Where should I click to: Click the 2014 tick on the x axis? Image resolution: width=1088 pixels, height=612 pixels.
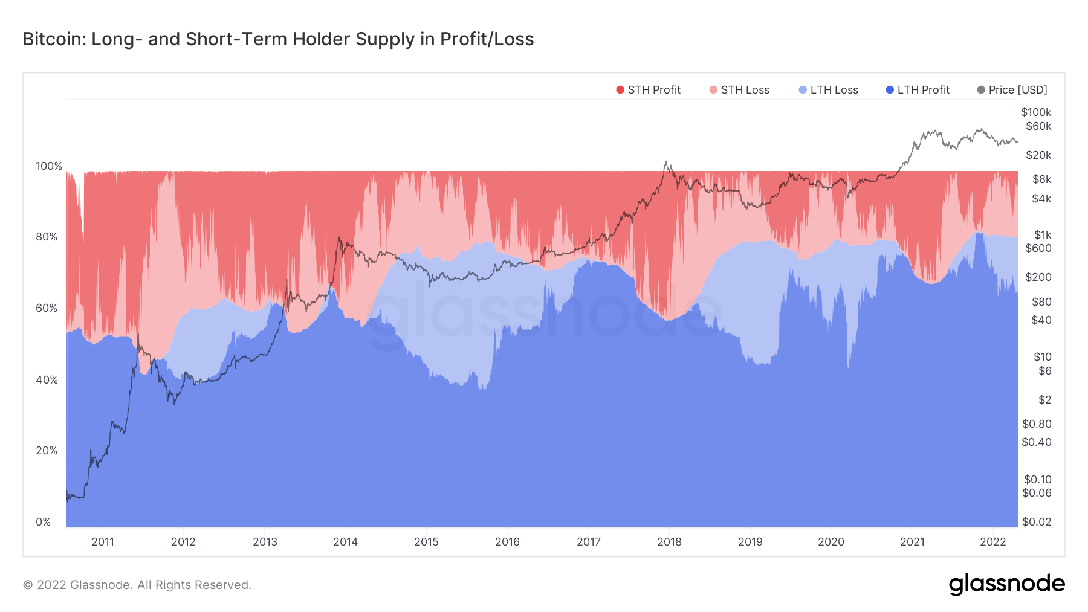[345, 542]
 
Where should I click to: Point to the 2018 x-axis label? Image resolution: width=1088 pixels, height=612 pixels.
[669, 542]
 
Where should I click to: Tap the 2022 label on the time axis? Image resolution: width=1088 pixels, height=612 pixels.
[992, 542]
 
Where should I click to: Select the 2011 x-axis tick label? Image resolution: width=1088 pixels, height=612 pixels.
[103, 542]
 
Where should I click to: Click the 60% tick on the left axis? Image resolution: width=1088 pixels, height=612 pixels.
[47, 308]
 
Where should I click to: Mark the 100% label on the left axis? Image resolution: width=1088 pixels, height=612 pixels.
[49, 166]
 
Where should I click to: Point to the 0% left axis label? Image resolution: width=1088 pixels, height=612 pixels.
[44, 522]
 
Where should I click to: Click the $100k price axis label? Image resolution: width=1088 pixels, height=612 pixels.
[1036, 112]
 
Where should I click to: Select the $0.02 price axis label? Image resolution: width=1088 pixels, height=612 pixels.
[1037, 522]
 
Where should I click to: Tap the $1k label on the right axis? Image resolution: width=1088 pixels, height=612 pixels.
[1043, 235]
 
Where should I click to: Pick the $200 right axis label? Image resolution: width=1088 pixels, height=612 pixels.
[1038, 277]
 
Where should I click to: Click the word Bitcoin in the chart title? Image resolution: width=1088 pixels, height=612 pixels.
[54, 39]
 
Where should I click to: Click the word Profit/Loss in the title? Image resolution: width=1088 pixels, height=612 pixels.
[487, 39]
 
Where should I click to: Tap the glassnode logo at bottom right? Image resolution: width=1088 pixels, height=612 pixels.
[1006, 584]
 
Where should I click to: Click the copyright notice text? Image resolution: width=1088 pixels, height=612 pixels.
[137, 585]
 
